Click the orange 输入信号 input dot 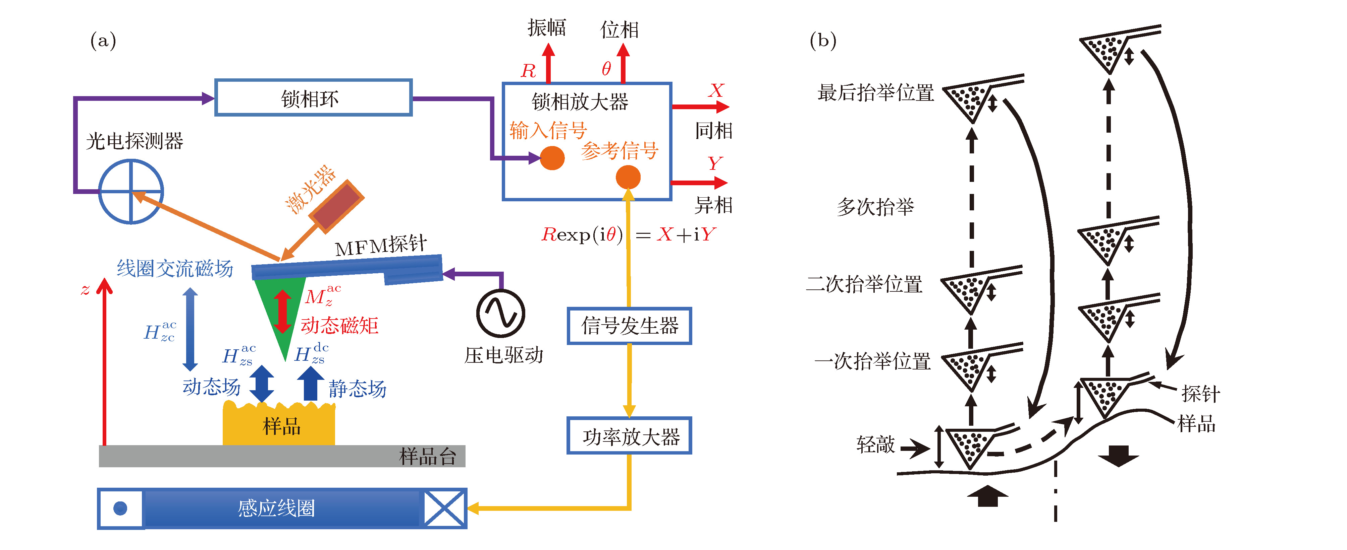(552, 158)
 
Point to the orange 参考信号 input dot (628, 178)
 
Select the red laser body (336, 206)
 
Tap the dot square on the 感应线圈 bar (120, 508)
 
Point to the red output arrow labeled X (700, 107)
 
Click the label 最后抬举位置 (875, 93)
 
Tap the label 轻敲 (876, 444)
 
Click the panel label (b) (823, 40)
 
